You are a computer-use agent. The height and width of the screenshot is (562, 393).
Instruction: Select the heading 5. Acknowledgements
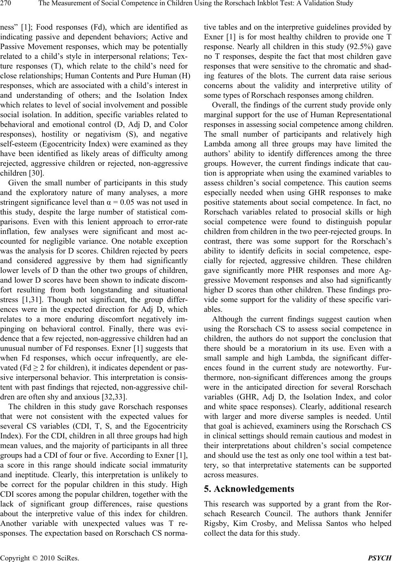point(249,489)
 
